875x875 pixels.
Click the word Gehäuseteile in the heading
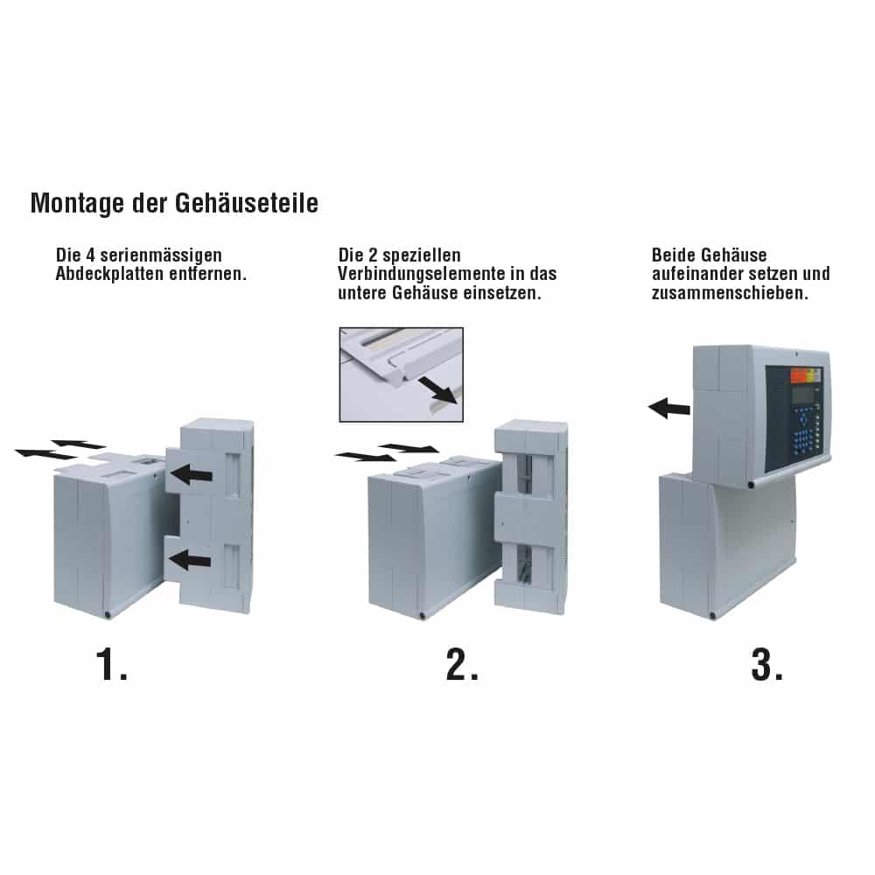point(247,202)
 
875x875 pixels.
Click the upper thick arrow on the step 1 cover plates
point(192,475)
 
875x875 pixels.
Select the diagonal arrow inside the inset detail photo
point(438,389)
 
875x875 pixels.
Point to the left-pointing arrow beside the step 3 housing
point(669,408)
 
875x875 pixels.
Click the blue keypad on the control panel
point(806,434)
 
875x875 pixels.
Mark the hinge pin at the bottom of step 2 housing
point(422,615)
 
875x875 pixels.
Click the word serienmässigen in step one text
point(161,255)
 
